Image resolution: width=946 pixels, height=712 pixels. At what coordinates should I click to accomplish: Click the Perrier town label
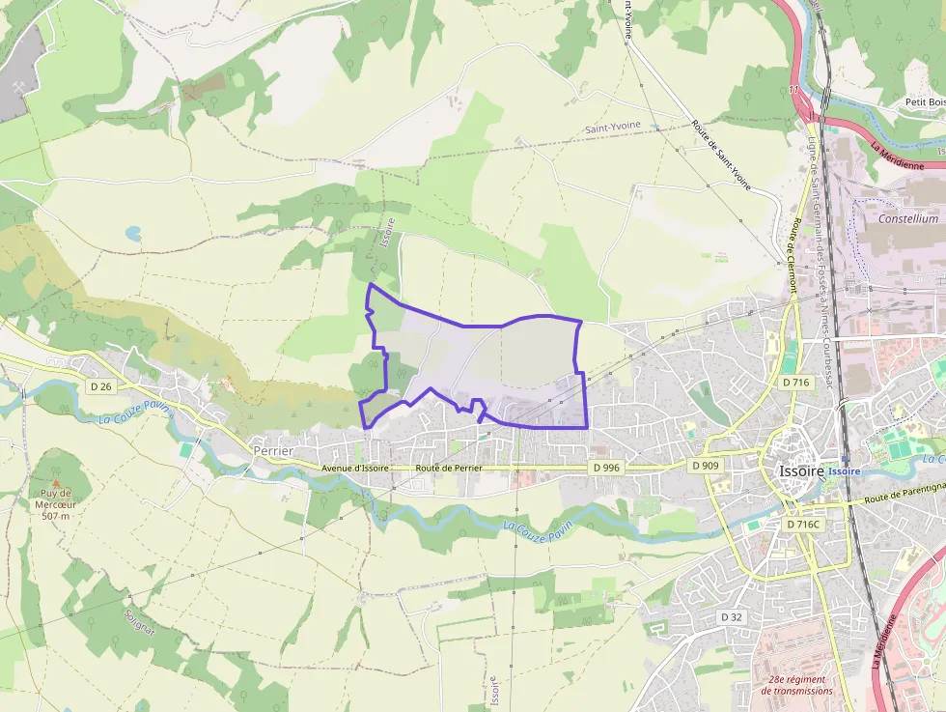click(272, 450)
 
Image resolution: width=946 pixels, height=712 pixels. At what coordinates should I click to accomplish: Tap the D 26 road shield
click(100, 386)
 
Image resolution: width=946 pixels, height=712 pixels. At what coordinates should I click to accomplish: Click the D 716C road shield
click(802, 524)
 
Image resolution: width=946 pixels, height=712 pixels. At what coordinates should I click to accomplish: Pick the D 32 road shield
click(731, 616)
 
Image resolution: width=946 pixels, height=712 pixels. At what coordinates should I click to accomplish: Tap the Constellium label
click(907, 218)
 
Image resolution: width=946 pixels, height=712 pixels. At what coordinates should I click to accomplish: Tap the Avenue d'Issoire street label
click(355, 469)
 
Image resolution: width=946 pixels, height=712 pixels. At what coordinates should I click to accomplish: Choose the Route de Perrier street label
click(448, 468)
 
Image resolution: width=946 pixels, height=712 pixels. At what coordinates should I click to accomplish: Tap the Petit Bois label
click(925, 102)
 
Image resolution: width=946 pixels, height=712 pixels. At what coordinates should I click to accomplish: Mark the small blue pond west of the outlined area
click(132, 233)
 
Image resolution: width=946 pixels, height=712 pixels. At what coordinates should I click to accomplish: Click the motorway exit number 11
click(793, 91)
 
